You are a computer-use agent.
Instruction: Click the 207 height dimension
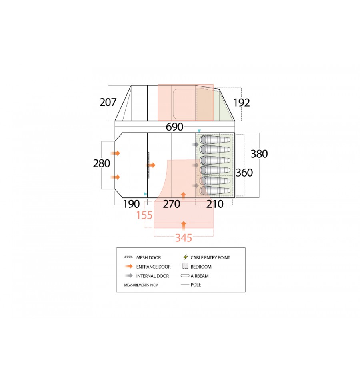(108, 102)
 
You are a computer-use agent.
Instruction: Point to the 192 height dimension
(242, 103)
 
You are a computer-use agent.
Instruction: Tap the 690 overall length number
(174, 127)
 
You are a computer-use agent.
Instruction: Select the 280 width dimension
(102, 163)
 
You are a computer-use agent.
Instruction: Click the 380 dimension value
(259, 154)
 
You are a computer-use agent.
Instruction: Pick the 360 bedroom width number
(244, 173)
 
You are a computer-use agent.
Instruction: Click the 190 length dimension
(131, 204)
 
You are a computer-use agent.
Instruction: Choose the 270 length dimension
(172, 204)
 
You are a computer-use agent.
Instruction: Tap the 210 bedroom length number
(215, 204)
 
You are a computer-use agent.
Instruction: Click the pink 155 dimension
(144, 215)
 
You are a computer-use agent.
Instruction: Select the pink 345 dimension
(184, 238)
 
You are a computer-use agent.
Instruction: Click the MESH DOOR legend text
(148, 257)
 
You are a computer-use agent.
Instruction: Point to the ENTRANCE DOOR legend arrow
(128, 266)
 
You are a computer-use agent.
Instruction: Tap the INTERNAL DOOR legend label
(152, 276)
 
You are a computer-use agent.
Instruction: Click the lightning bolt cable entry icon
(185, 257)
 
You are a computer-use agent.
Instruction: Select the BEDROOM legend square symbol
(185, 266)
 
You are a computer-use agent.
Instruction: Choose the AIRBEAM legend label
(200, 276)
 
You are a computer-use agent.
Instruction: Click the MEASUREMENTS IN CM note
(141, 285)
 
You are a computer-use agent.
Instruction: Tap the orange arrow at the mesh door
(151, 165)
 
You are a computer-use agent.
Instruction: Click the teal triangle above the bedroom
(199, 131)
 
